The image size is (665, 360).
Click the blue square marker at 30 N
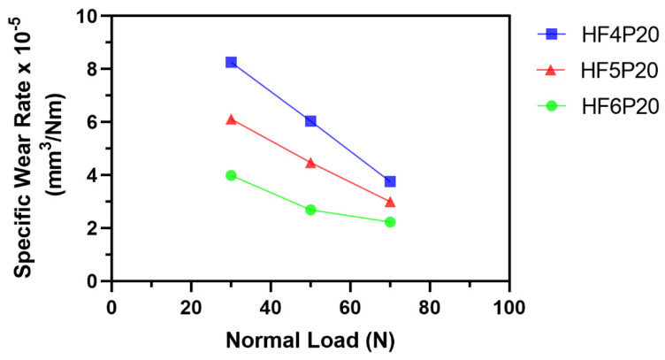coord(231,62)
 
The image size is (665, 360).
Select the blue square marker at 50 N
coord(310,120)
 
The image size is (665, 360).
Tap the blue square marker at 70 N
coord(390,181)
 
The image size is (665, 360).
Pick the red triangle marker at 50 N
coord(310,163)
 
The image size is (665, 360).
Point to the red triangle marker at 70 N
coord(390,202)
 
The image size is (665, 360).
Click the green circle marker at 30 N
coord(231,175)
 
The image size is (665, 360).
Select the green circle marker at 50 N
coord(310,210)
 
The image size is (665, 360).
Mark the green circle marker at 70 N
coord(390,222)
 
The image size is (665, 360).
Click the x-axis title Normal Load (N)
coord(310,341)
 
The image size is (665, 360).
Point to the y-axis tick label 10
coord(88,16)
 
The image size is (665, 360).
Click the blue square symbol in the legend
coord(551,34)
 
